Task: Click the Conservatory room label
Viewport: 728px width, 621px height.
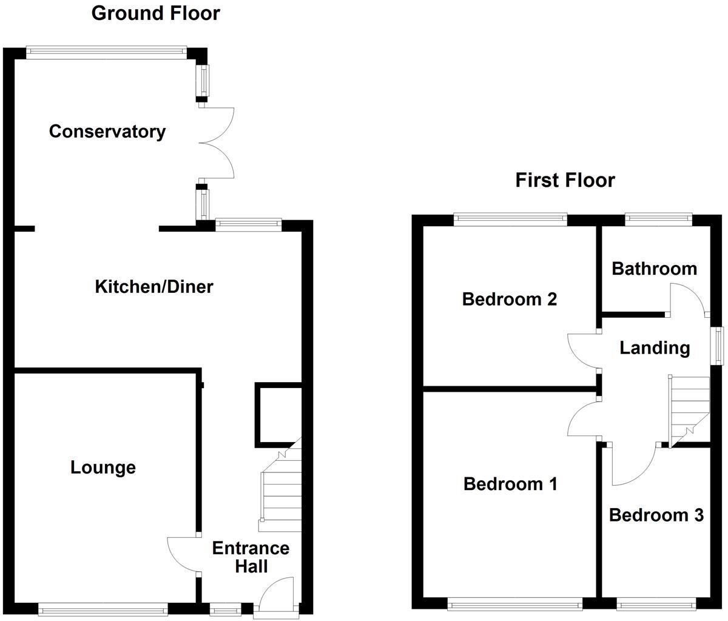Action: pyautogui.click(x=107, y=132)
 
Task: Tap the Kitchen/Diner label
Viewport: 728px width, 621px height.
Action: pyautogui.click(x=154, y=286)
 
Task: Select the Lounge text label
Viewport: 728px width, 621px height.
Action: pyautogui.click(x=103, y=468)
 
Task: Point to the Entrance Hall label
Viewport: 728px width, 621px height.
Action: pyautogui.click(x=251, y=557)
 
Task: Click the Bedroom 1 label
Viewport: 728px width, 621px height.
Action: pyautogui.click(x=510, y=484)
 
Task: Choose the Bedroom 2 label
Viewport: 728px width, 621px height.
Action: pyautogui.click(x=509, y=299)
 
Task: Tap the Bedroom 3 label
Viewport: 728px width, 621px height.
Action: pyautogui.click(x=656, y=515)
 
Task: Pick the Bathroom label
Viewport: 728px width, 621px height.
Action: pyautogui.click(x=654, y=269)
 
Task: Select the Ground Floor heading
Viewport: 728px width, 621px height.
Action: pyautogui.click(x=155, y=13)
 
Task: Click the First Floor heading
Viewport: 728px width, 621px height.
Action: pyautogui.click(x=565, y=180)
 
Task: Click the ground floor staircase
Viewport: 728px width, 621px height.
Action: pyautogui.click(x=281, y=485)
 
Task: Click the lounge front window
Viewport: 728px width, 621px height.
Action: pyautogui.click(x=103, y=606)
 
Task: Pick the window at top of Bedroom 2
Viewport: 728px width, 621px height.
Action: pyautogui.click(x=510, y=219)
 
